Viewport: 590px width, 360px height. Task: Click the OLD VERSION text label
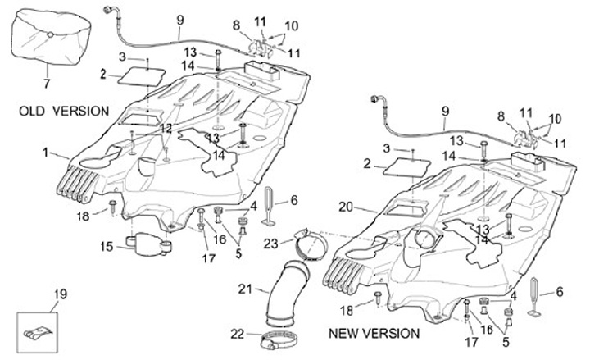[x=64, y=111]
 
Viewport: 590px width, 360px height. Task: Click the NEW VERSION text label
[x=374, y=333]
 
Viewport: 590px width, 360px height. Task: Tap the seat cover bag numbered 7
[x=51, y=37]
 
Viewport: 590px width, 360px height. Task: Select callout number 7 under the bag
[x=46, y=83]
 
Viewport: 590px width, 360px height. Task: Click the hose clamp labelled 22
[x=278, y=340]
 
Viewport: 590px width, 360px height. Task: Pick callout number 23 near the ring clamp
[x=270, y=244]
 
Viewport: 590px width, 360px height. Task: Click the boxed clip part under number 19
[x=37, y=333]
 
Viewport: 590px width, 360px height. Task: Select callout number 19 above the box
[x=60, y=294]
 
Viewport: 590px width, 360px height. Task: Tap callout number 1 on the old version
[x=46, y=153]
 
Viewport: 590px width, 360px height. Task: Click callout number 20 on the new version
[x=346, y=207]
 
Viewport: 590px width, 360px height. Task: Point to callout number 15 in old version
[x=107, y=246]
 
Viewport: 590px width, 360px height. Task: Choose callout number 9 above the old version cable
[x=180, y=20]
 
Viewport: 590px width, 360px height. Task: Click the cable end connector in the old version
[x=108, y=9]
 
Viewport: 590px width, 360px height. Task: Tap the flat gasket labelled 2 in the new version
[x=406, y=167]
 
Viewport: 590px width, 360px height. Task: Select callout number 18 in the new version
[x=347, y=310]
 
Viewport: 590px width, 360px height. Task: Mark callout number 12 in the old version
[x=166, y=129]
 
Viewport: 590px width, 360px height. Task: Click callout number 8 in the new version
[x=501, y=116]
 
